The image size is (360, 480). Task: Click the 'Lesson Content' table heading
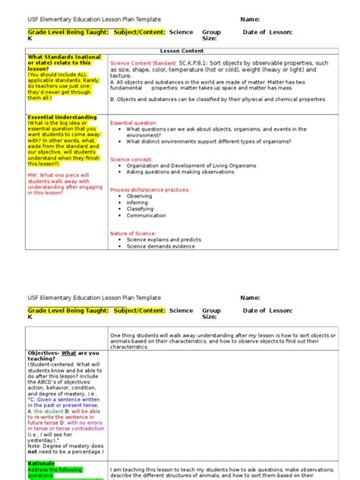point(180,49)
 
